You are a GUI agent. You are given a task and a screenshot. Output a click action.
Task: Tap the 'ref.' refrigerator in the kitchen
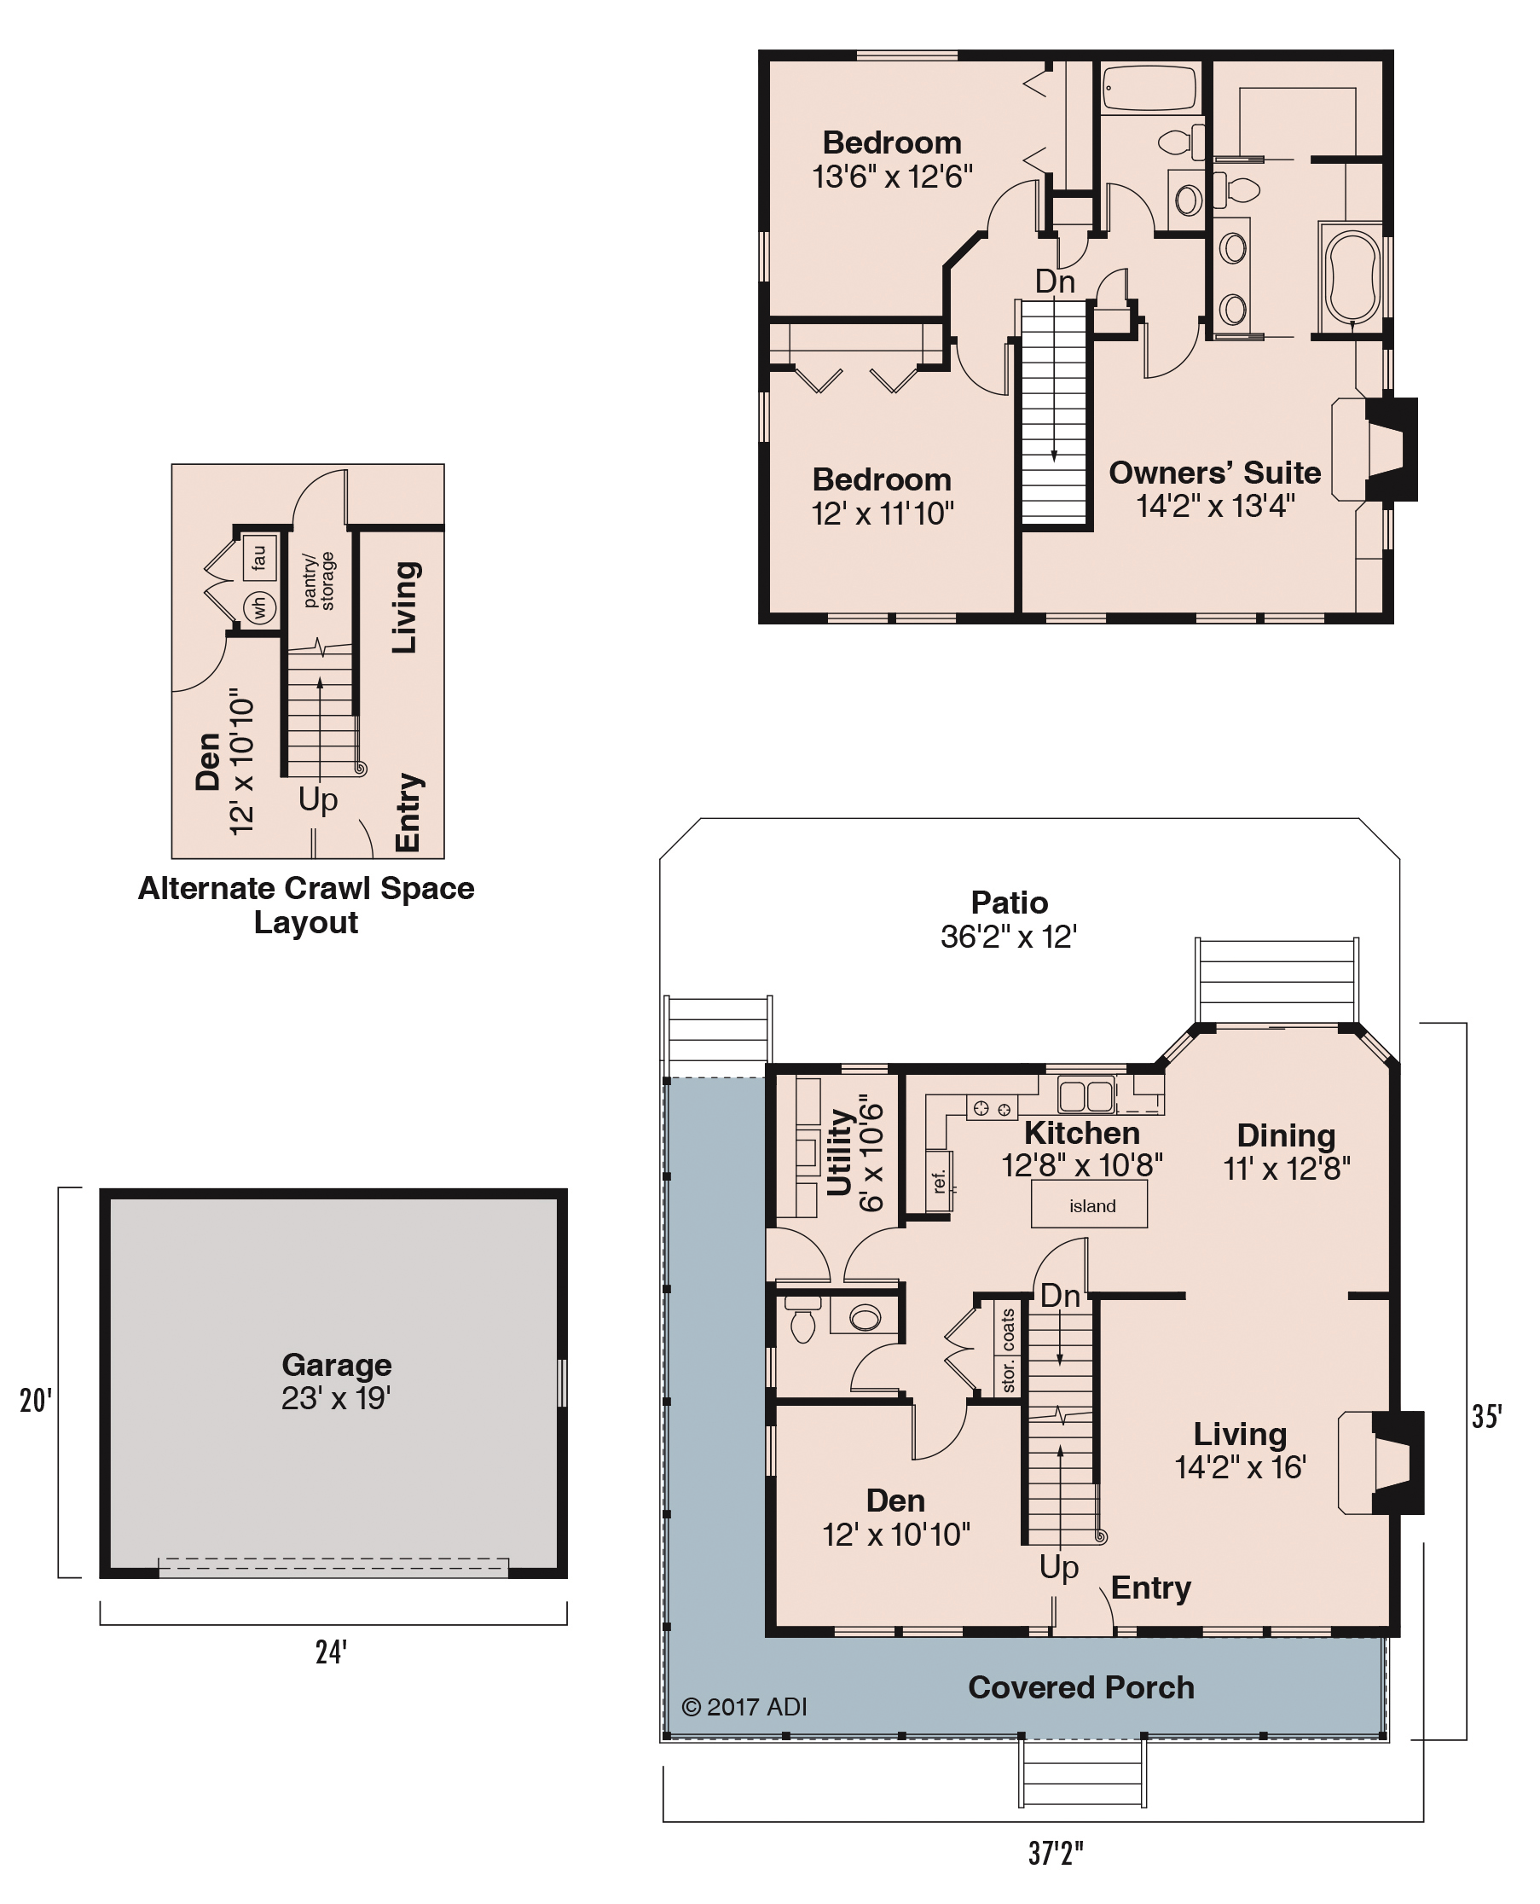pyautogui.click(x=940, y=1181)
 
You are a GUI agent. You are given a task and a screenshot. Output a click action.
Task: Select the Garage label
pyautogui.click(x=336, y=1365)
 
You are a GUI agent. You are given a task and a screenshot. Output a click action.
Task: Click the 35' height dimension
pyautogui.click(x=1487, y=1416)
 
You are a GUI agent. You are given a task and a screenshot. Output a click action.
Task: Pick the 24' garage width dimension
pyautogui.click(x=331, y=1652)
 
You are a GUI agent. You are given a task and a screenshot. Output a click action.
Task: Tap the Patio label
pyautogui.click(x=1010, y=903)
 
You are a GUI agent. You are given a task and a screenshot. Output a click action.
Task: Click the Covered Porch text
pyautogui.click(x=1081, y=1686)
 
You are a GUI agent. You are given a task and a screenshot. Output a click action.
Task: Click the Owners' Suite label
pyautogui.click(x=1214, y=472)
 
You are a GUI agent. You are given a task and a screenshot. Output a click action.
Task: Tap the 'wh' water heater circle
pyautogui.click(x=260, y=607)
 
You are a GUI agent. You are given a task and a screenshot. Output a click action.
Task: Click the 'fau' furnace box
pyautogui.click(x=258, y=556)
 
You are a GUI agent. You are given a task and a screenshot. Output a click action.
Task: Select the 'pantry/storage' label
pyautogui.click(x=318, y=581)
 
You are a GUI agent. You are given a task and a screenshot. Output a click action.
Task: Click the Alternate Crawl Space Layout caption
pyautogui.click(x=306, y=905)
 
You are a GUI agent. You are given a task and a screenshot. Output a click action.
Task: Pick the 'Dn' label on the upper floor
pyautogui.click(x=1055, y=282)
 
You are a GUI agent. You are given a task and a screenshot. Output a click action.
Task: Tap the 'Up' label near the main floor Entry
pyautogui.click(x=1059, y=1568)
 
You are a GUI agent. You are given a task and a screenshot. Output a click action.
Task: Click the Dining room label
pyautogui.click(x=1286, y=1135)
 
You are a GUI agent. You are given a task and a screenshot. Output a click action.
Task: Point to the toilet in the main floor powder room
pyautogui.click(x=802, y=1319)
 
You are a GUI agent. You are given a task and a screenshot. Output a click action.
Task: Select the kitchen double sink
pyautogui.click(x=1086, y=1095)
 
